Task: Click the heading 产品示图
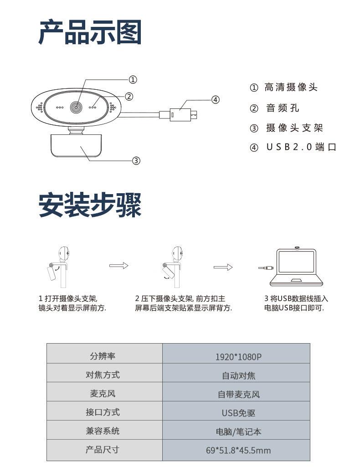click(x=90, y=32)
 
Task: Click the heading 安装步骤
click(x=90, y=205)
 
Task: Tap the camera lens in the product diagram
click(x=76, y=107)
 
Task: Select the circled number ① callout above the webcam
click(x=133, y=80)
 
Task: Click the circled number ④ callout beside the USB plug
click(x=216, y=100)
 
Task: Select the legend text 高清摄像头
click(x=291, y=87)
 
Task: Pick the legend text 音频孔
click(x=283, y=108)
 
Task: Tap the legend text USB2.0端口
click(x=301, y=147)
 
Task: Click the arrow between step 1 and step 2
click(x=118, y=266)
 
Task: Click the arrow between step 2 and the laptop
click(x=223, y=267)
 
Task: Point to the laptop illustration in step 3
click(x=297, y=267)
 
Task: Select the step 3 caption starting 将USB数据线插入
click(x=296, y=303)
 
